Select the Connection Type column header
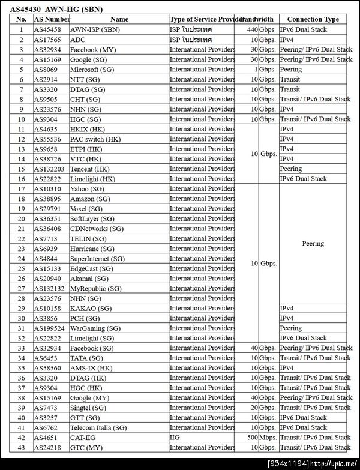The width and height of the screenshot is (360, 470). [x=313, y=19]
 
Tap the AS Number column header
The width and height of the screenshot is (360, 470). [x=52, y=19]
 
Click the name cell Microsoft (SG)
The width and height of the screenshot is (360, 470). [x=92, y=70]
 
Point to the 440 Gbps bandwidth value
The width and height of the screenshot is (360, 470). [x=262, y=29]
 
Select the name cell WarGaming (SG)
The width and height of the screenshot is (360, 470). [x=95, y=328]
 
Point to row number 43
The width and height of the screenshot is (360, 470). [x=22, y=448]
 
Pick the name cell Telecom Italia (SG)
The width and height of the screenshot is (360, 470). [x=98, y=428]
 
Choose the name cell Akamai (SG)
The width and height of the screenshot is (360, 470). [x=89, y=279]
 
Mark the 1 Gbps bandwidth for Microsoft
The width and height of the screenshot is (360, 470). [x=264, y=70]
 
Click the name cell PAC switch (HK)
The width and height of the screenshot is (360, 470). [x=95, y=139]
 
